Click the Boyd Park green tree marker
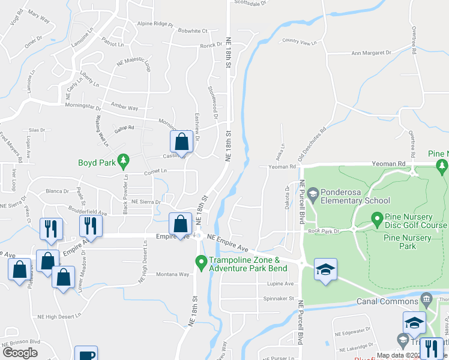click(123, 160)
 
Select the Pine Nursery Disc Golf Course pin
click(377, 218)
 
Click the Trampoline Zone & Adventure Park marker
click(201, 262)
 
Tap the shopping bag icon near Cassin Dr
click(182, 142)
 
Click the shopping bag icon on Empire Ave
click(181, 224)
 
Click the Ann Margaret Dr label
click(371, 53)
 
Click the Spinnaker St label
click(278, 298)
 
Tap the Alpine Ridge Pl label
click(155, 25)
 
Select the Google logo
click(20, 353)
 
